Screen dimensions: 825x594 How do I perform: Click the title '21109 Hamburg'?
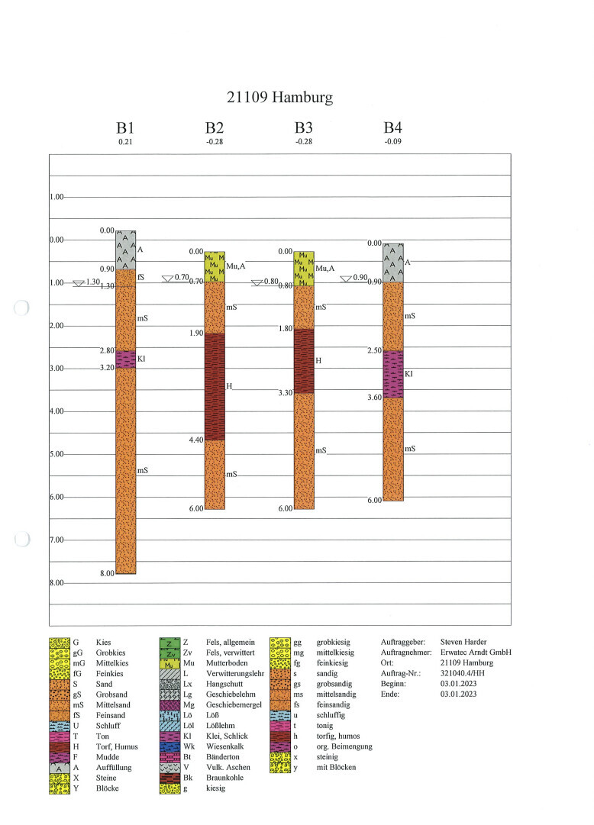click(280, 98)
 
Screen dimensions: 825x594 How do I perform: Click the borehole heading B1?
click(125, 128)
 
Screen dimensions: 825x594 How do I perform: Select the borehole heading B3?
click(304, 128)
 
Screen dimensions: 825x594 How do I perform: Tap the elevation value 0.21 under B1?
click(125, 142)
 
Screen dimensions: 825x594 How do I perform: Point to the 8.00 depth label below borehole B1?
click(105, 573)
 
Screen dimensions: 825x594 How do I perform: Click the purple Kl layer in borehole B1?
click(125, 359)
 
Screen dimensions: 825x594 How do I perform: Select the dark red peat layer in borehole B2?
click(215, 386)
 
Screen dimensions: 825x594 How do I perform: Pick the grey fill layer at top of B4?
click(393, 263)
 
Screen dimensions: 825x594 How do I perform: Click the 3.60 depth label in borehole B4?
click(373, 398)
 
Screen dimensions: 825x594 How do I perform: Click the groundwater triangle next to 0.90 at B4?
click(346, 279)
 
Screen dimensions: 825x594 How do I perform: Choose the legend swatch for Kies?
click(60, 643)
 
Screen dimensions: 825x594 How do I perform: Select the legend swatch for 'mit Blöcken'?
click(280, 767)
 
